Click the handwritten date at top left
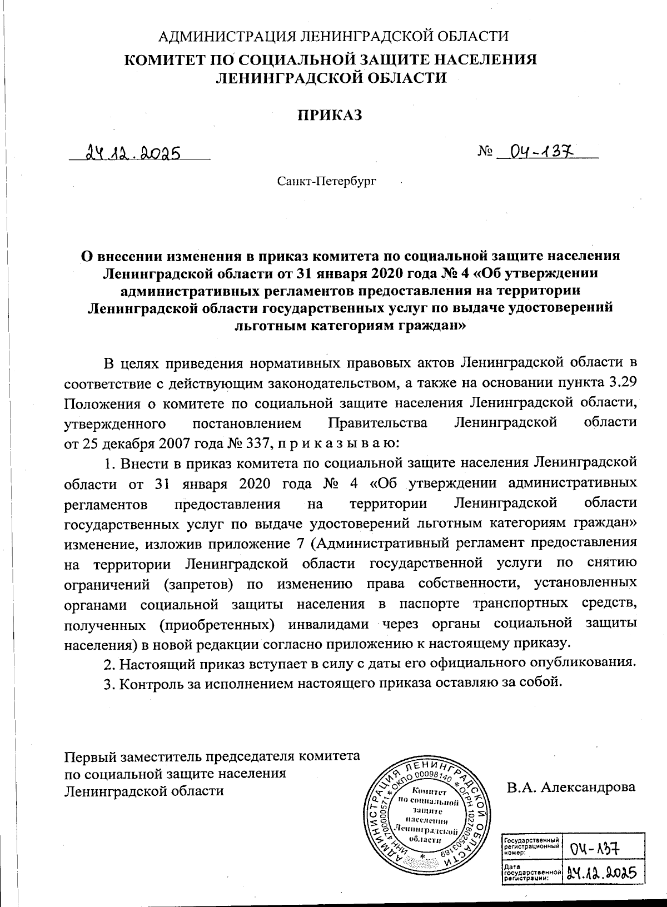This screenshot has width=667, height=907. coord(132,152)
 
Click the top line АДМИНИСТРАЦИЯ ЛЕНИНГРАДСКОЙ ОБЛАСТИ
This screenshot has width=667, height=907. coord(333,37)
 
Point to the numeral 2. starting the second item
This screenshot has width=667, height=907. coord(109,664)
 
